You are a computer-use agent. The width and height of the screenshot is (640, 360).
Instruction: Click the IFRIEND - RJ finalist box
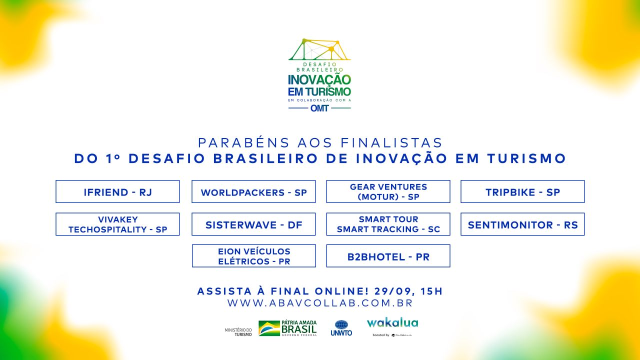[117, 191]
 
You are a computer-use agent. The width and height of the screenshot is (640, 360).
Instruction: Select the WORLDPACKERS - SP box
[253, 191]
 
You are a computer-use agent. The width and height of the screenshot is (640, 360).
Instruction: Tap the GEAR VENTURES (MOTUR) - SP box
[388, 191]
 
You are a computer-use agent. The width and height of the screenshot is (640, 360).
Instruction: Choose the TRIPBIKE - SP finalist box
[522, 191]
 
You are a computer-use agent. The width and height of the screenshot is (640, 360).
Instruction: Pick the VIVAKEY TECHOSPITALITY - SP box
[117, 224]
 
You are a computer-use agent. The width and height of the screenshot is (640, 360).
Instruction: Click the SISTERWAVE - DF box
[253, 224]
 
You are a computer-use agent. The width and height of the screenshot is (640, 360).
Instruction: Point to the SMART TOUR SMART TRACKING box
[388, 224]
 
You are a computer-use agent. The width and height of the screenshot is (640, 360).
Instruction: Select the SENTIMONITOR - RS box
[522, 224]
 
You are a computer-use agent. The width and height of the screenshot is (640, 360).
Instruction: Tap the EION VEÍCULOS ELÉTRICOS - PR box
[253, 255]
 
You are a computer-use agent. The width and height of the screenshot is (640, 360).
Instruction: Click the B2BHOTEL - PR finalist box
[388, 255]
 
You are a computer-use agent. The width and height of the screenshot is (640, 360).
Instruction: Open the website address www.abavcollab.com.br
[320, 303]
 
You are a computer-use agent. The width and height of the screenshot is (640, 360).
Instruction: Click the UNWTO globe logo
[341, 325]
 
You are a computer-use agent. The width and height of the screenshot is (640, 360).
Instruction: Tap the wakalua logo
[392, 323]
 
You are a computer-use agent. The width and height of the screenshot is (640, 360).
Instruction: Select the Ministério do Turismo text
[238, 332]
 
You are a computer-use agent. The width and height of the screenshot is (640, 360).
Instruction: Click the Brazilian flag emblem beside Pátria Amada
[269, 328]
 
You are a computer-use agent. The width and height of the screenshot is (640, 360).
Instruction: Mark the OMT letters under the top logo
[319, 108]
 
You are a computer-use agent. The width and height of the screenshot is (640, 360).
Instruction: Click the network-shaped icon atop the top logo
[319, 49]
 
